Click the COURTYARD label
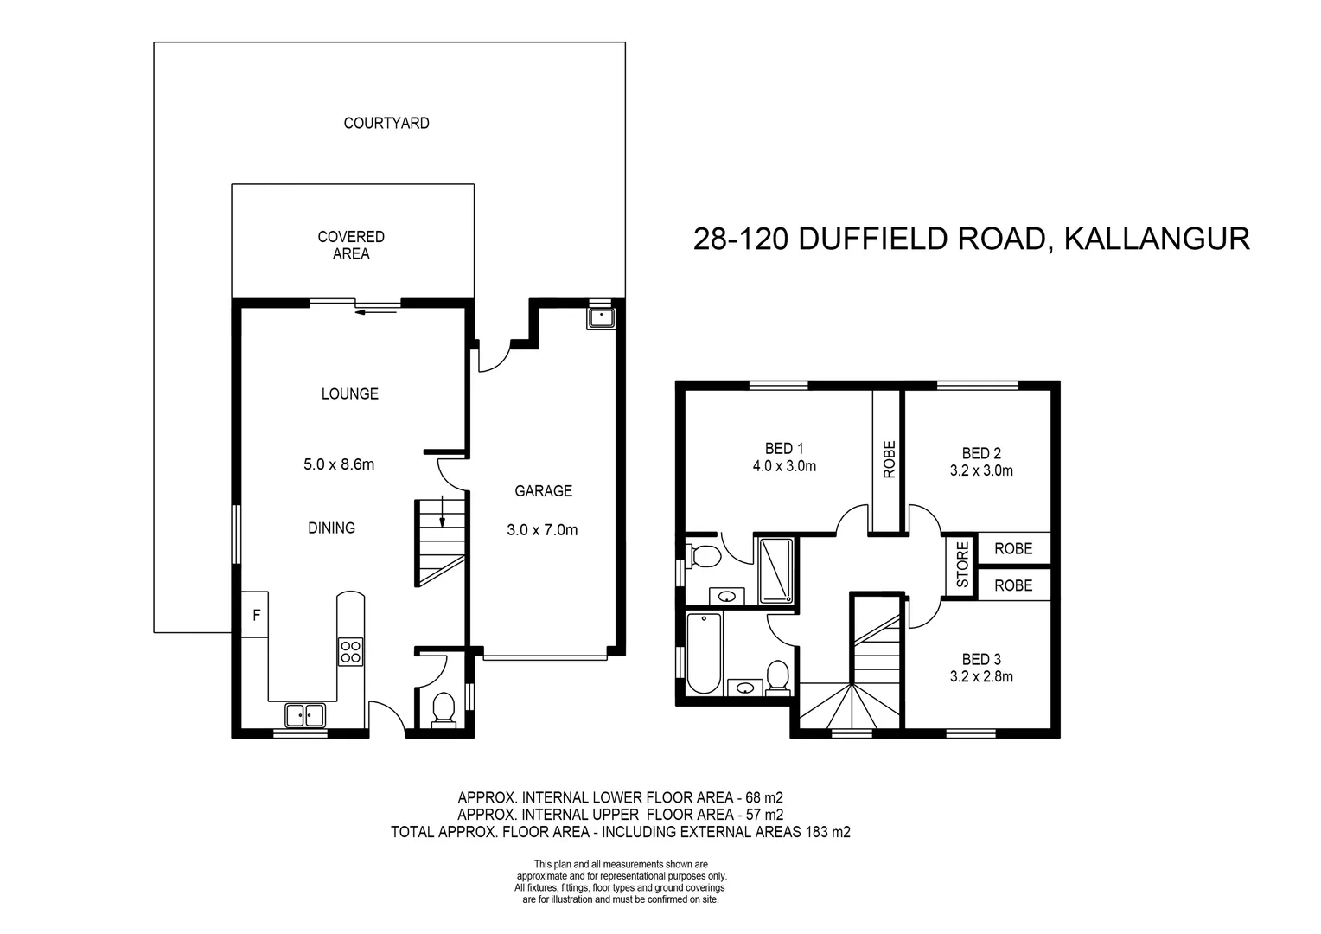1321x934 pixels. tap(386, 123)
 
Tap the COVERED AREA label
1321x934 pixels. tap(351, 245)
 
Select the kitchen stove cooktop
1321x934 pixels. tap(350, 650)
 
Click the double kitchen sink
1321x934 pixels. tap(304, 715)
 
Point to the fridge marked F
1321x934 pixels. tap(256, 616)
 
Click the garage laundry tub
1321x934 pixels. tap(600, 318)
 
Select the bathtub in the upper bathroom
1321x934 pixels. tap(703, 654)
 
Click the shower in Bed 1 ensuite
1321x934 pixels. tap(775, 570)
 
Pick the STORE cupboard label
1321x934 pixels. tap(961, 564)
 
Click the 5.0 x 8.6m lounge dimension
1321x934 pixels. tap(339, 464)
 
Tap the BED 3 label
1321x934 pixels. tap(980, 659)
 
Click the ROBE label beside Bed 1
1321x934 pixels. tap(889, 459)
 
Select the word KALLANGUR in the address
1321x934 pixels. tap(1156, 238)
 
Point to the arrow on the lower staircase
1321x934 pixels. tap(442, 511)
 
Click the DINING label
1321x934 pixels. tap(331, 528)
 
